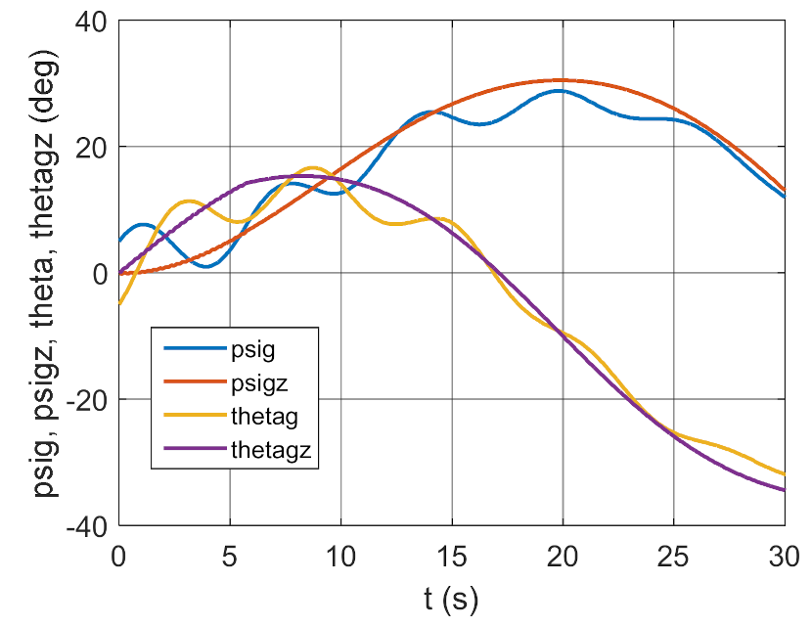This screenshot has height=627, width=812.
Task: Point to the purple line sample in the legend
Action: [x=190, y=452]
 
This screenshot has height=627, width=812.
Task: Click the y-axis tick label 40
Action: [x=90, y=22]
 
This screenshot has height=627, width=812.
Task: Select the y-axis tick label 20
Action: [x=90, y=148]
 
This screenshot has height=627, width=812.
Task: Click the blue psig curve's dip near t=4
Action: [x=206, y=266]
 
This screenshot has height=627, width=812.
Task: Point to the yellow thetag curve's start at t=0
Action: [x=119, y=303]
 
